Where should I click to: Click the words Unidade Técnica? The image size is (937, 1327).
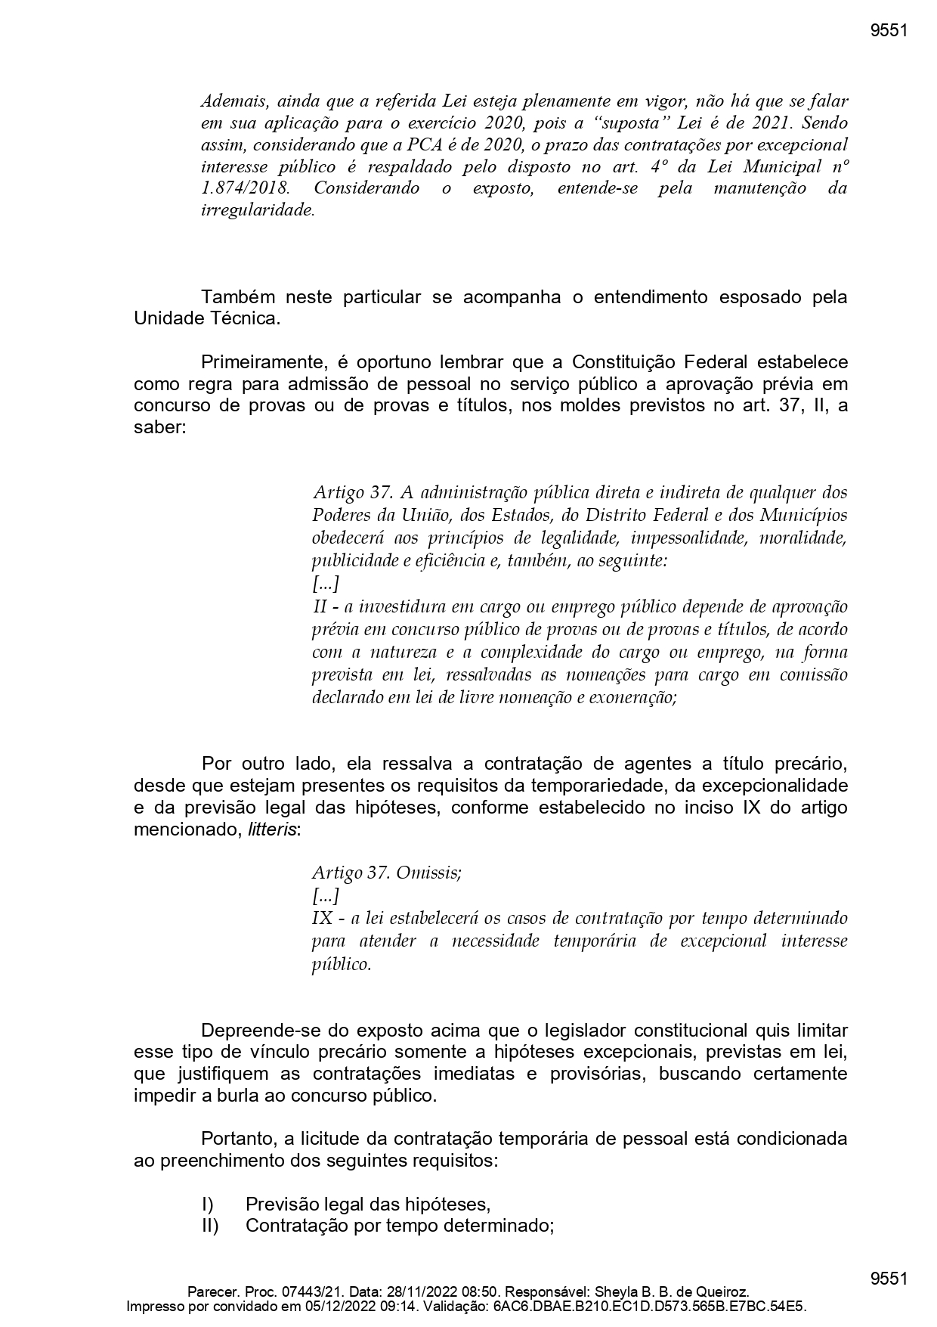tap(206, 318)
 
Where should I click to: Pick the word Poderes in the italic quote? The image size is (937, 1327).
tap(341, 515)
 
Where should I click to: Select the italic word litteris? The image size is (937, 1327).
tap(272, 829)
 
